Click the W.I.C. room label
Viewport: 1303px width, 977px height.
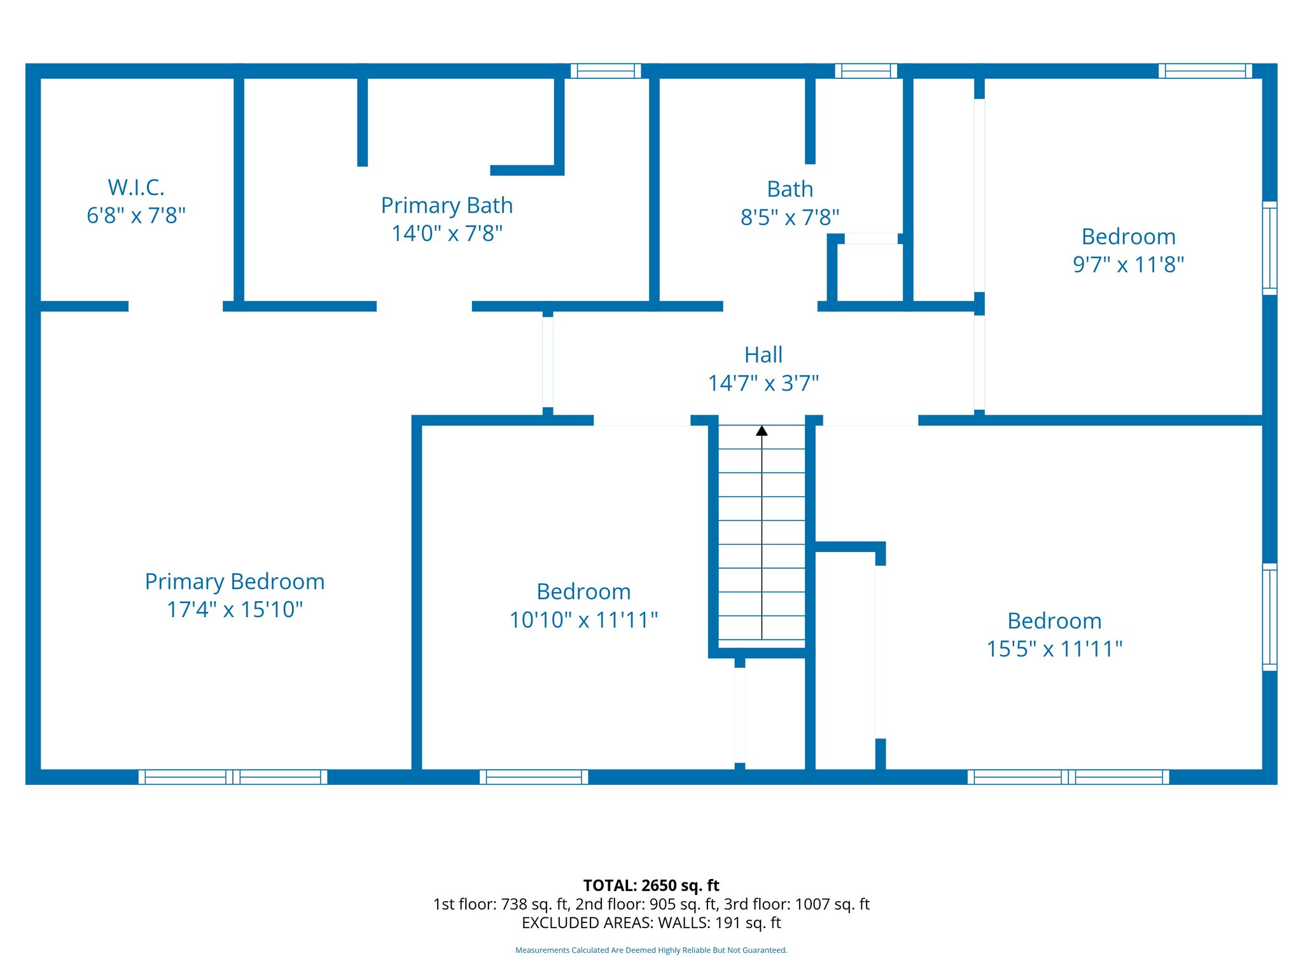pos(136,188)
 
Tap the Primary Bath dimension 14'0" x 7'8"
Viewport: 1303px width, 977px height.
pos(447,233)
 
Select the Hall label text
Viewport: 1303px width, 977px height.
pos(763,355)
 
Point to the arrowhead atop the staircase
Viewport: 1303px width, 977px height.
pos(762,431)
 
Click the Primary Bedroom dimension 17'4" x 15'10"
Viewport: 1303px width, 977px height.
pos(234,609)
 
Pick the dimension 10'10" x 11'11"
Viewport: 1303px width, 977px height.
pos(583,620)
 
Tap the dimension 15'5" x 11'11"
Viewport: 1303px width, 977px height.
pos(1054,649)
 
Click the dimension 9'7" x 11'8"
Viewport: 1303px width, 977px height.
pos(1128,265)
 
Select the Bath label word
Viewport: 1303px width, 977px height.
pos(790,189)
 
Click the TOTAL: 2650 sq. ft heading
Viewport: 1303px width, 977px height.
pos(651,885)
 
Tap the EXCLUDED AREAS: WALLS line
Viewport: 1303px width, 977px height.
pos(651,923)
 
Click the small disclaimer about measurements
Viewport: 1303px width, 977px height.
pos(651,950)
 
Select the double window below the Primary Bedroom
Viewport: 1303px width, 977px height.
pos(233,777)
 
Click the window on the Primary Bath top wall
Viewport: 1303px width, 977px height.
pos(606,71)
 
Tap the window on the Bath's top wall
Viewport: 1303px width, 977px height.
pos(866,71)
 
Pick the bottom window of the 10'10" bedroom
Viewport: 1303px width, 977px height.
pos(534,777)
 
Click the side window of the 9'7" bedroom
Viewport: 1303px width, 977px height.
pos(1269,248)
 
